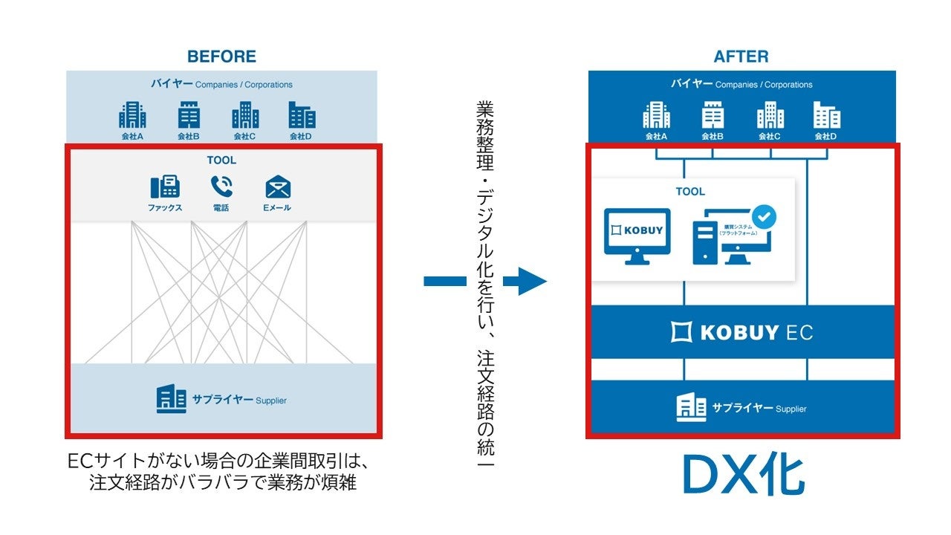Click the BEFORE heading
(x=221, y=56)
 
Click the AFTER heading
(x=741, y=56)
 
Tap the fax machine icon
(x=165, y=187)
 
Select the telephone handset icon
(x=221, y=186)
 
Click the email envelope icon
(x=278, y=187)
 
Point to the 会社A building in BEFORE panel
(x=132, y=115)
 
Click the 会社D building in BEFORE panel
(x=302, y=115)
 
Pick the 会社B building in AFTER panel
(x=713, y=115)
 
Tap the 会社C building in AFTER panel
(x=770, y=115)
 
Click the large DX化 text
(x=743, y=476)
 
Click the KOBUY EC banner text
(x=741, y=332)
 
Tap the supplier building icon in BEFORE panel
(x=171, y=400)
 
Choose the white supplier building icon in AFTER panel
(x=691, y=407)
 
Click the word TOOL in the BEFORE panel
(x=221, y=160)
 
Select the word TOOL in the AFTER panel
(x=690, y=192)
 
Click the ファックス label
(x=165, y=208)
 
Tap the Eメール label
(x=277, y=208)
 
